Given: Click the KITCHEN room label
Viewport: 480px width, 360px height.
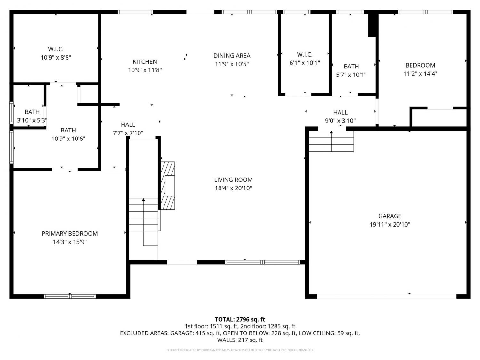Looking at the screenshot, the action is pos(145,62).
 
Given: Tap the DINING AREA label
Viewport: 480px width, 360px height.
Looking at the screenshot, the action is pos(232,56).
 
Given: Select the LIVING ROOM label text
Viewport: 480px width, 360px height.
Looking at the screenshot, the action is pos(233,180).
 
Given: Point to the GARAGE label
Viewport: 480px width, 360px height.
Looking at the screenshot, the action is pos(390,216).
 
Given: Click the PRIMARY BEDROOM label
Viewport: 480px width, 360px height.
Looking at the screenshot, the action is pos(70,234).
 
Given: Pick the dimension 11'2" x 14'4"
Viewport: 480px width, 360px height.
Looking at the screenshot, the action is pos(420,74).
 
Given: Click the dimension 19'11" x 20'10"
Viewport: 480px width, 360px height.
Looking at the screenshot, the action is pos(390,225).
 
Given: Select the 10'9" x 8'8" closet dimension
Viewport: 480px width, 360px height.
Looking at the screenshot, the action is pos(56,58).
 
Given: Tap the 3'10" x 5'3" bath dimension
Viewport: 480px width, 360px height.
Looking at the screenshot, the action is pos(32,120).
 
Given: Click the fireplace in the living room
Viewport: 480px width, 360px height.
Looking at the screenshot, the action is pos(167,186).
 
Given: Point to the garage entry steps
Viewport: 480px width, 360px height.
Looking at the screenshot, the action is pos(331,141).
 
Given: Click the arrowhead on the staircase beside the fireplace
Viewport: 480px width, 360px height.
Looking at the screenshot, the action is pos(143,200).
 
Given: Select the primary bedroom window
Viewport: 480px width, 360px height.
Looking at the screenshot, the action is pos(70,296).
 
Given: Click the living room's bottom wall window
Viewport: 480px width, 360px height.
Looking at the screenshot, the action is pos(263,262).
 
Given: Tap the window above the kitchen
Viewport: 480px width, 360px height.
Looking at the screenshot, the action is pos(135,12).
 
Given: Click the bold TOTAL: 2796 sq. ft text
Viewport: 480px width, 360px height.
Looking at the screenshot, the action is pos(240,319).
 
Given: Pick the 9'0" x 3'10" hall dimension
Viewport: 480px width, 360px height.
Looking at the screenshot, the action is pos(340,121).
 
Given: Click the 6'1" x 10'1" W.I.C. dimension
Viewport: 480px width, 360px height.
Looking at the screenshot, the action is pos(305,63).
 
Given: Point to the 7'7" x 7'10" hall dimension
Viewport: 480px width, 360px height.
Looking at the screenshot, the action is pos(128,133).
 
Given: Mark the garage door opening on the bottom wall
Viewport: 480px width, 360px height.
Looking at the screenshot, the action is pos(387,296).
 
